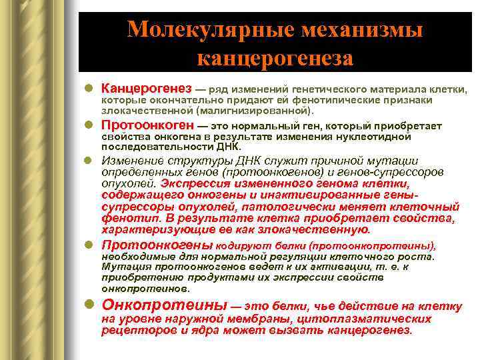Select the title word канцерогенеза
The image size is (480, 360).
point(275,58)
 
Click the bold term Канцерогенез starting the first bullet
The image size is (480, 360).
point(146,89)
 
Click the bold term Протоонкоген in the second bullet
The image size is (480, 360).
point(147,125)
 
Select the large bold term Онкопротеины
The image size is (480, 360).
point(163,305)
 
